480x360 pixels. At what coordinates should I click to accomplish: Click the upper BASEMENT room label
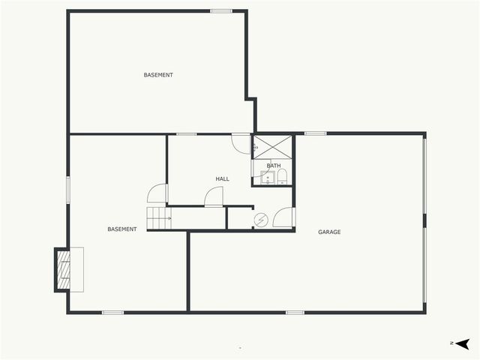coord(158,75)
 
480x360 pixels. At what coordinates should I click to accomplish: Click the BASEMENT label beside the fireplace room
coord(121,229)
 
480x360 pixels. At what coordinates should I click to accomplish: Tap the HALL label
coord(222,178)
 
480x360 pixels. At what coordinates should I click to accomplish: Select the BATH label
coord(273,166)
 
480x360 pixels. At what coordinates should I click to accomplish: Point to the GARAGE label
coord(329,232)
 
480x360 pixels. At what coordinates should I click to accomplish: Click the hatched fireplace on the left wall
coord(63,270)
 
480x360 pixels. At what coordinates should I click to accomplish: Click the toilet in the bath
coord(282,178)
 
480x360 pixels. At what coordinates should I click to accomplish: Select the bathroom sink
coord(266,178)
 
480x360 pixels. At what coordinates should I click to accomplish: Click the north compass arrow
coord(462,343)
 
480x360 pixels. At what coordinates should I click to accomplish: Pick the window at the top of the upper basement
coord(220,10)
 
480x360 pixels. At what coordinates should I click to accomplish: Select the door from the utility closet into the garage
coord(283,217)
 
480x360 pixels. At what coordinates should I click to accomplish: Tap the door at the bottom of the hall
coord(214,197)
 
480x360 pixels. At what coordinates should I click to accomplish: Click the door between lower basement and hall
coord(157,193)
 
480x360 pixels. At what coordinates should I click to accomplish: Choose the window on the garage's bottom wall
coord(295,312)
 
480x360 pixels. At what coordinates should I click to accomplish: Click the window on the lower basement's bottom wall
coord(112,312)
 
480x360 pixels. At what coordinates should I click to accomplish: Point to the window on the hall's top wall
coord(187,134)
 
